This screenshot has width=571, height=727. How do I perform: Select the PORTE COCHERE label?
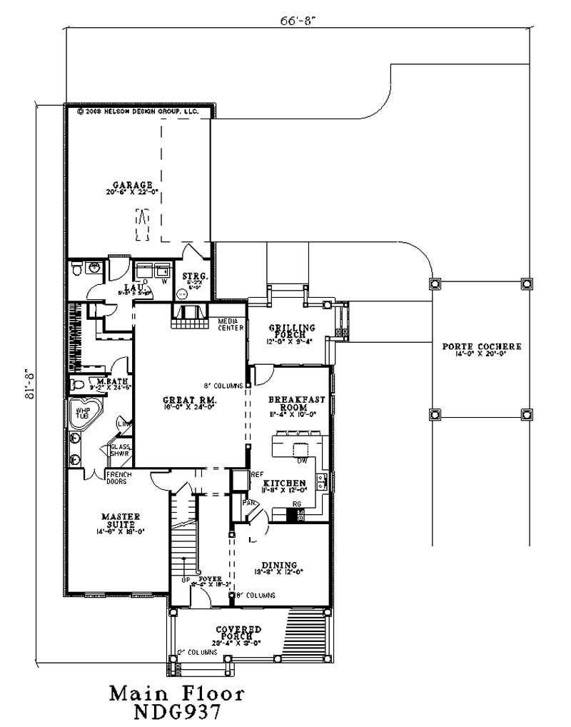coord(481,346)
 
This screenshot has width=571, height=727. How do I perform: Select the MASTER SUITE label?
coord(119,516)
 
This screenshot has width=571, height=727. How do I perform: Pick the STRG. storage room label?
coord(194,276)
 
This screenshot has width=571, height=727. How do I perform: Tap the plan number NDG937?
coord(177,713)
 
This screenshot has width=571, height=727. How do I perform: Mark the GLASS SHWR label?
coord(118,451)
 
